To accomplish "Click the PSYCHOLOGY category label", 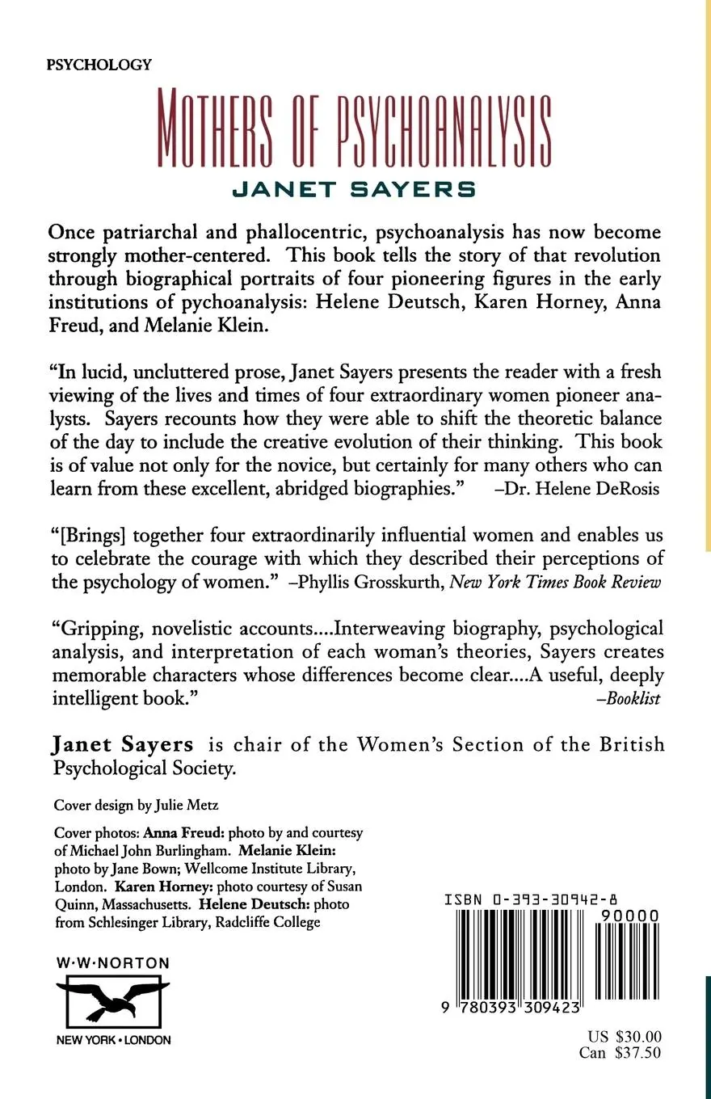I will click(x=100, y=65).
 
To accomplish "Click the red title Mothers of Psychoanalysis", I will click(x=355, y=130).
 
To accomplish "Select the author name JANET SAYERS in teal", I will click(x=354, y=189).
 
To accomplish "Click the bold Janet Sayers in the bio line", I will click(x=123, y=744).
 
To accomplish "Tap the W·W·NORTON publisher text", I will click(x=112, y=962).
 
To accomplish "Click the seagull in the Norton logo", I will click(x=112, y=999).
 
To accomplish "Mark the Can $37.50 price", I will click(x=621, y=1053).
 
